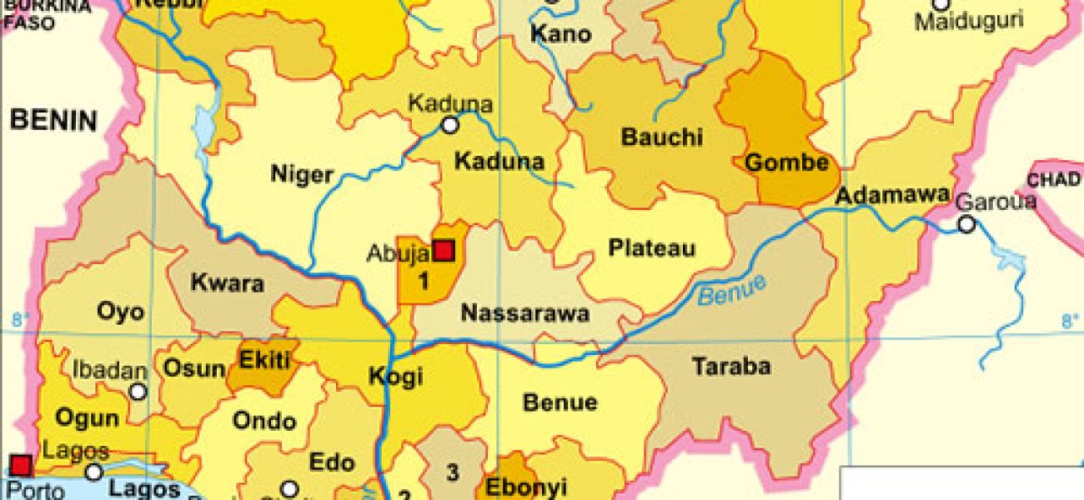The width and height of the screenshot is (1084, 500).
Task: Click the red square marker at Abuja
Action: (x=444, y=250)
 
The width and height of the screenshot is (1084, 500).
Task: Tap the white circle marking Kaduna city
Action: (x=450, y=125)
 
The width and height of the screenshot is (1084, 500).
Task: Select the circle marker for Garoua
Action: (x=966, y=224)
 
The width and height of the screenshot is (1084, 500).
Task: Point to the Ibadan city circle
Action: (x=138, y=391)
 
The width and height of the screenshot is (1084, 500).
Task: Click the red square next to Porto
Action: (x=21, y=465)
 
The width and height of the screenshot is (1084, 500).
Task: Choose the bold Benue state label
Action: (x=560, y=402)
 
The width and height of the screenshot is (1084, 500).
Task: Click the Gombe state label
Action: (x=786, y=162)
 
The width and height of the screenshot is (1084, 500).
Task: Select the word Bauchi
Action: (x=661, y=137)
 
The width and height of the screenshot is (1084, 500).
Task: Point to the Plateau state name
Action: (x=651, y=248)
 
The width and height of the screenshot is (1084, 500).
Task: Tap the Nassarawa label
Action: (x=525, y=313)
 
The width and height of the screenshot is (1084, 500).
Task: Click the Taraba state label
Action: (x=731, y=366)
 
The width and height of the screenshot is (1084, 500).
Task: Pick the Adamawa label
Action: (x=891, y=196)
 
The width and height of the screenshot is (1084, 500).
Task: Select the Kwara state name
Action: (x=227, y=283)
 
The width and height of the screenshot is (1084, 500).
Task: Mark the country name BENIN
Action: (x=53, y=121)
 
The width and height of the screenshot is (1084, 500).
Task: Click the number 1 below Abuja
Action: (x=423, y=282)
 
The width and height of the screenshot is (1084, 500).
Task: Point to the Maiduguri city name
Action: (x=968, y=21)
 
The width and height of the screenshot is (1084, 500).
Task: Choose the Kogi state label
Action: (x=395, y=376)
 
